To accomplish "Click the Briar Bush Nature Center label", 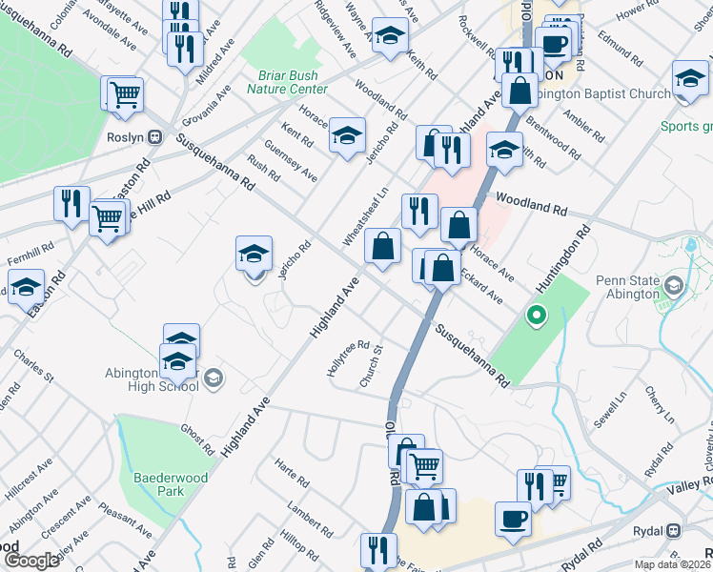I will coord(287,82).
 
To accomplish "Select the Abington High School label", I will coord(153,378).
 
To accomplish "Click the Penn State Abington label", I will coord(627,286).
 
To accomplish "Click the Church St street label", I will coord(371,367).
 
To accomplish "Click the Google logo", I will coord(31,560).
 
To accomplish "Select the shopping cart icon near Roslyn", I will coord(124,95).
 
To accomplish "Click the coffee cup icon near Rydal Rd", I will coord(513,520).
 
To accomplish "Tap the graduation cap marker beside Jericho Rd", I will coord(255,255).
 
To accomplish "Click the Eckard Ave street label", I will coord(480,286).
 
